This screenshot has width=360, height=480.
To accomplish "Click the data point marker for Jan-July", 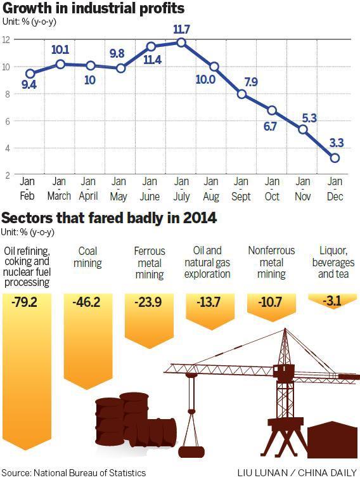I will pyautogui.click(x=182, y=42).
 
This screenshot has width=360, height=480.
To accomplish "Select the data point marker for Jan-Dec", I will pyautogui.click(x=335, y=157).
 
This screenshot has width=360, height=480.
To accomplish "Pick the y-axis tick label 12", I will pyautogui.click(x=5, y=39).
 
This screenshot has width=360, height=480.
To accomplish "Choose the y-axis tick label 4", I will pyautogui.click(x=5, y=148).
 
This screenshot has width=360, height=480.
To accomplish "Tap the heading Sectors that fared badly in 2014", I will pyautogui.click(x=109, y=219).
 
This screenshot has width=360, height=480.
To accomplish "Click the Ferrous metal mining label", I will pyautogui.click(x=149, y=263).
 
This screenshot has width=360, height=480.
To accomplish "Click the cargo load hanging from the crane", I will pyautogui.click(x=191, y=451).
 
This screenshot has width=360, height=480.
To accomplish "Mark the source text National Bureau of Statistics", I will pyautogui.click(x=74, y=473).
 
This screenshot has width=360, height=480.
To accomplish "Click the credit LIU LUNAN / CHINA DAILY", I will pyautogui.click(x=297, y=473).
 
